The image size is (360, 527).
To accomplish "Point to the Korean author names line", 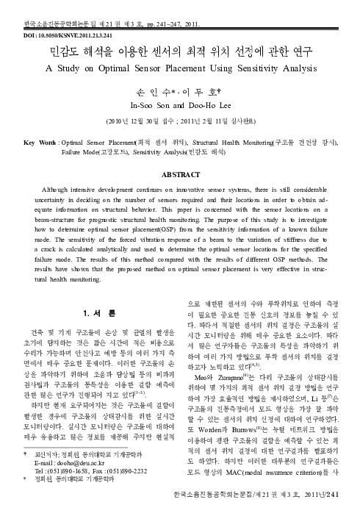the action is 180,93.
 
